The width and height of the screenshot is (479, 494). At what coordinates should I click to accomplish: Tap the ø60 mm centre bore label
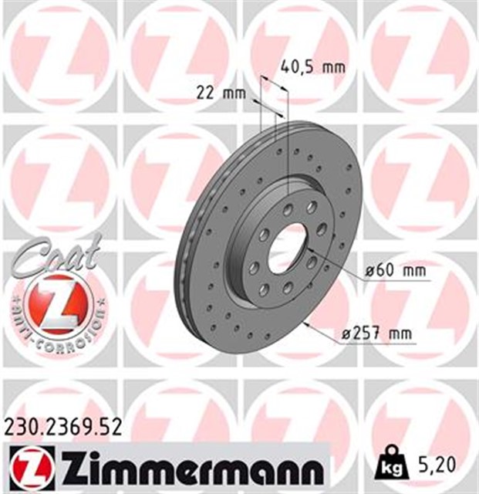[x=396, y=272]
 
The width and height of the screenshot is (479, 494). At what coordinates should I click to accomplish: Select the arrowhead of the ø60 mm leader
[x=308, y=251]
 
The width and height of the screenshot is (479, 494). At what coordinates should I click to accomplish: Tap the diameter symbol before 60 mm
[x=369, y=272]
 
